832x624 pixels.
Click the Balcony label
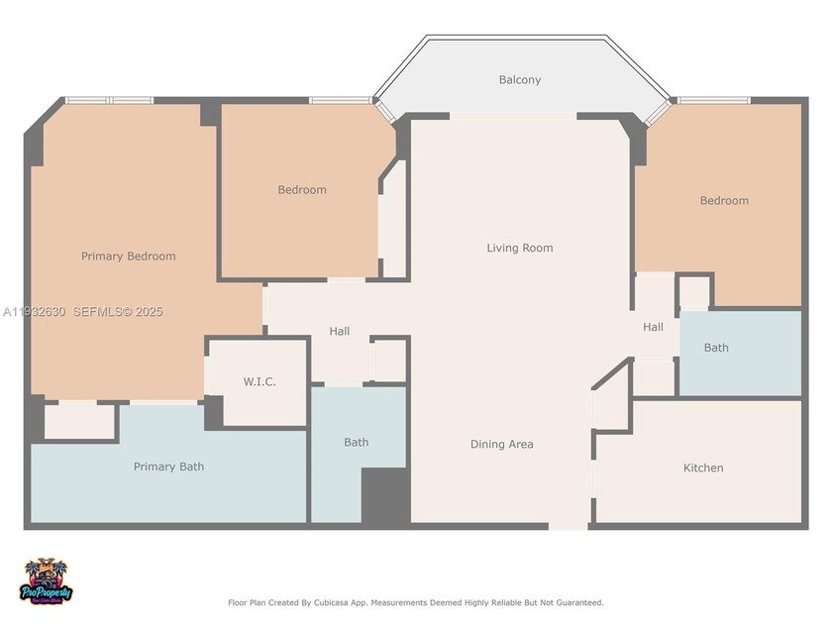tap(519, 79)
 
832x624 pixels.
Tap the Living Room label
tap(519, 248)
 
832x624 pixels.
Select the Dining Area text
tap(501, 444)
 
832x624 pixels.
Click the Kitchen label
tap(703, 468)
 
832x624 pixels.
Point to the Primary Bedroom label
tap(128, 256)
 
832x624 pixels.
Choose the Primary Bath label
tap(168, 467)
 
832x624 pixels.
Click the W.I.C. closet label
tap(260, 381)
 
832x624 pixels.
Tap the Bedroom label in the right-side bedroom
tap(724, 200)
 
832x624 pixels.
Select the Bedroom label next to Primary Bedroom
tap(301, 189)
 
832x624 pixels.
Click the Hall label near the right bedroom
tap(653, 327)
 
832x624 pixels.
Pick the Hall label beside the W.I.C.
tap(340, 331)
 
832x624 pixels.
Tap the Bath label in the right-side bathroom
tap(716, 348)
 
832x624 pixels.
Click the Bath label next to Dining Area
tap(357, 442)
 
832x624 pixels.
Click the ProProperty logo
tap(47, 581)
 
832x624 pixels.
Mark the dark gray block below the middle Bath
tap(384, 495)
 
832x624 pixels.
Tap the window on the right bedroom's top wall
tap(713, 100)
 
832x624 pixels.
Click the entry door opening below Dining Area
tap(569, 525)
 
